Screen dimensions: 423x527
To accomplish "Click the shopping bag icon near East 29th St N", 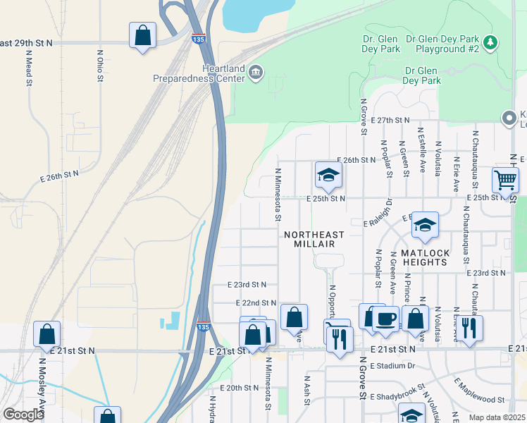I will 142,35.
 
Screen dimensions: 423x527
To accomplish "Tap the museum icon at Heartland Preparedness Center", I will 255,71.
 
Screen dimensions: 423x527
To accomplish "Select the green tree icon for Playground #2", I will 492,42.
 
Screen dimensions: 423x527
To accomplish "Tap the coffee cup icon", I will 385,318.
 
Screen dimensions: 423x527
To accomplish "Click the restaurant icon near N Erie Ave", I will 469,328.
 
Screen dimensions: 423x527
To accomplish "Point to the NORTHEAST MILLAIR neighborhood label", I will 314,239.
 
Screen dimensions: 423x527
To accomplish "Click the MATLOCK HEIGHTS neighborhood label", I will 424,257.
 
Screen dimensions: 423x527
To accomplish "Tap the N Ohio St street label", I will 100,65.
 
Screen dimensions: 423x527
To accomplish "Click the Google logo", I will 23,415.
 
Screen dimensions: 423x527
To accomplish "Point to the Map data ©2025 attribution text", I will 497,417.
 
